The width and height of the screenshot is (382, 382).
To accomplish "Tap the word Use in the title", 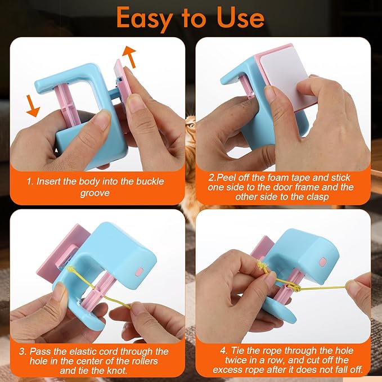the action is coord(240,17).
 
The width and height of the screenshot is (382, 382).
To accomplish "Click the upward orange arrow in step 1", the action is coord(129,56).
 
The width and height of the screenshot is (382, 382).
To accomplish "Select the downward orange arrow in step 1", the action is coord(33,106).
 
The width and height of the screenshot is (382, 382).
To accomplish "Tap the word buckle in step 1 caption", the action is coord(150,182).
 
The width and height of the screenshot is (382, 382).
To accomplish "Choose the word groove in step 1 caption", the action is coord(95,193).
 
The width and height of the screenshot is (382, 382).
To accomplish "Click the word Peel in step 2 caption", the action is coord(226,177).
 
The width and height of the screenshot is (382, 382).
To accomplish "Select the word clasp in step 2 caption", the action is coord(318,196).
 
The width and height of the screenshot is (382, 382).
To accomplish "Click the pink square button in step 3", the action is coord(140,271).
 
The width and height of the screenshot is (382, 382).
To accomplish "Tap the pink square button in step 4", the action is coord(323,262).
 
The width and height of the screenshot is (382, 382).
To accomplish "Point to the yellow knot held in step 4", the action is coord(262,266).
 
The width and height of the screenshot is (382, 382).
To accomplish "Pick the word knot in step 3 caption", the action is coord(117,371).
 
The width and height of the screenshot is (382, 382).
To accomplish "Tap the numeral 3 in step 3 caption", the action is coord(23,352).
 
